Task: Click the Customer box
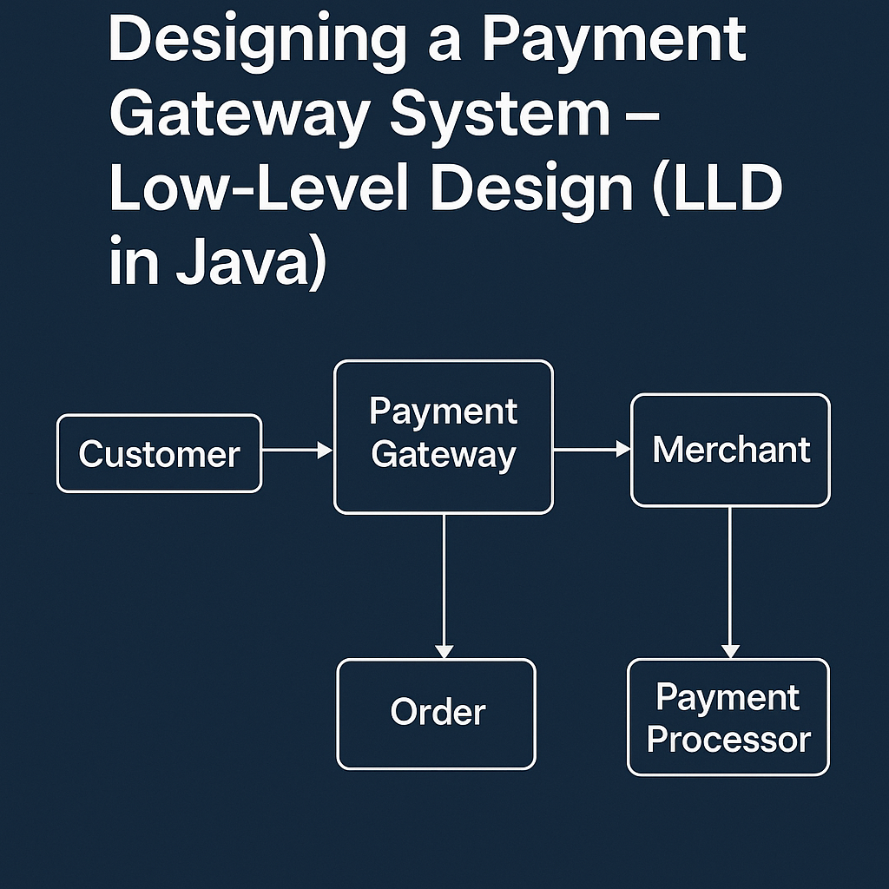click(x=159, y=454)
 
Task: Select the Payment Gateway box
click(x=443, y=437)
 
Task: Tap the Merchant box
click(x=730, y=450)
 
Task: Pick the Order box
click(x=437, y=714)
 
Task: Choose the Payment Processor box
click(x=728, y=717)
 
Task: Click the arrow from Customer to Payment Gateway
click(x=297, y=450)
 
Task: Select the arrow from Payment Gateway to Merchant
click(x=591, y=450)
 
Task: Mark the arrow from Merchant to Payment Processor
click(x=730, y=582)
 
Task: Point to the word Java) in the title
click(x=251, y=265)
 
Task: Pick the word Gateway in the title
click(x=239, y=116)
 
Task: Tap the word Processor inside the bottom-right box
click(x=728, y=740)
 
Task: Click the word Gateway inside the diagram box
click(x=443, y=455)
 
